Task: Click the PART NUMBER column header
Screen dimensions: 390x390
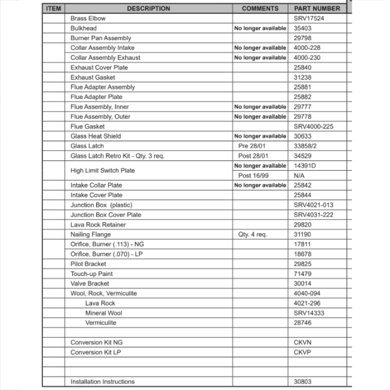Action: click(317, 9)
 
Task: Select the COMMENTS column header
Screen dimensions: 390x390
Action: click(260, 9)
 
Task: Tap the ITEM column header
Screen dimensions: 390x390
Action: click(53, 9)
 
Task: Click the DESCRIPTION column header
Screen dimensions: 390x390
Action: click(149, 9)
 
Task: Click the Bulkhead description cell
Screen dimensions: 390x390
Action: click(83, 28)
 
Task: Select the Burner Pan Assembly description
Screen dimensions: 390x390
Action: click(101, 38)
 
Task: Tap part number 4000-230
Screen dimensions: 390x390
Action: click(307, 58)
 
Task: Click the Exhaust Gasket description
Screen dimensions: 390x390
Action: click(93, 77)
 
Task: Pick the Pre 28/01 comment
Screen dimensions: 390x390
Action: click(253, 146)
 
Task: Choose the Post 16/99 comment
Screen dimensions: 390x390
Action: click(253, 175)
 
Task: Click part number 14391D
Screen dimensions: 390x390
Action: click(305, 166)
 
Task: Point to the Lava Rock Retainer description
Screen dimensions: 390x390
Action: click(98, 225)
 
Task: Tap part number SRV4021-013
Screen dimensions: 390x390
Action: click(314, 205)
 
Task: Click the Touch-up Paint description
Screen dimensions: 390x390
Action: click(92, 274)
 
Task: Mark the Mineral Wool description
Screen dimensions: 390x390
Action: click(104, 313)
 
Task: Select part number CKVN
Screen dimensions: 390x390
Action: click(303, 342)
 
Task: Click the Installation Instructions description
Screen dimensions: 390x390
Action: click(103, 381)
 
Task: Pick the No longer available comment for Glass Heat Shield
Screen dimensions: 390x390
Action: click(260, 136)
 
